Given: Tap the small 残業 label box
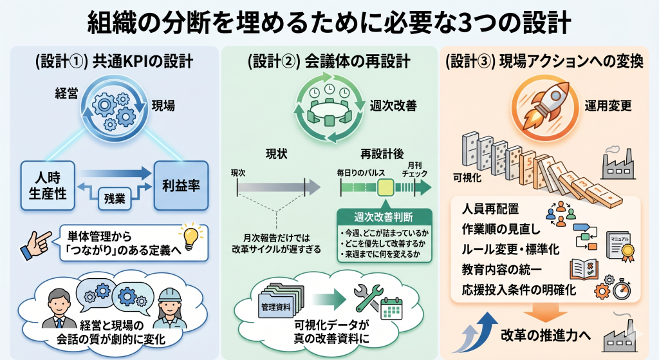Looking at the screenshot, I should (115, 198).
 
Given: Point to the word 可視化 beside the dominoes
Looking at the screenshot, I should (469, 177).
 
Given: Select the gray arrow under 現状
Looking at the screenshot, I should (279, 187).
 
